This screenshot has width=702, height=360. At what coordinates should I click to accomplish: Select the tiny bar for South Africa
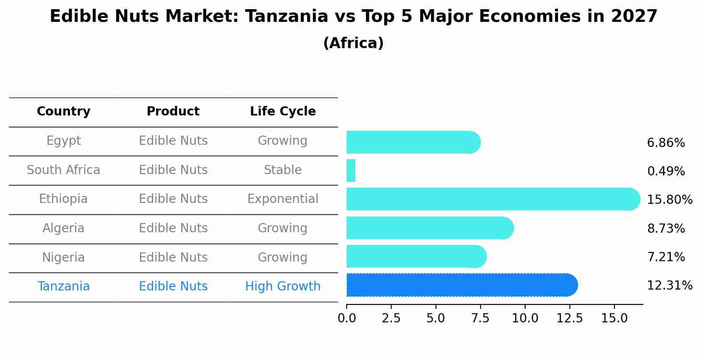pyautogui.click(x=351, y=171)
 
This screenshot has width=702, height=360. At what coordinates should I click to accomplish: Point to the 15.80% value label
pyautogui.click(x=669, y=200)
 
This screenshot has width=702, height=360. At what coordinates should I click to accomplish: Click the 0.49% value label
pyautogui.click(x=666, y=171)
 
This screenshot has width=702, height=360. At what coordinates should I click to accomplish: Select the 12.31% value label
pyautogui.click(x=669, y=286)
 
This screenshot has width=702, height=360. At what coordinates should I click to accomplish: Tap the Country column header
pyautogui.click(x=63, y=112)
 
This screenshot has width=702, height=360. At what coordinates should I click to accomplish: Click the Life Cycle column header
pyautogui.click(x=283, y=112)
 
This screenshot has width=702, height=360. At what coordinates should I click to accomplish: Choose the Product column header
pyautogui.click(x=173, y=112)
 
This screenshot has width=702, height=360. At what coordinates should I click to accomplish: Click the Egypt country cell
pyautogui.click(x=63, y=141)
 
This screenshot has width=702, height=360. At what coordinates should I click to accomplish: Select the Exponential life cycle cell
pyautogui.click(x=283, y=199)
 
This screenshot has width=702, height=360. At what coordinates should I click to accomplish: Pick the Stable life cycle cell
pyautogui.click(x=283, y=170)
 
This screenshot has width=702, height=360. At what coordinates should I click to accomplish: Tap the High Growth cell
pyautogui.click(x=283, y=287)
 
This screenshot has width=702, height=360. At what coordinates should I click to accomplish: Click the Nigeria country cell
pyautogui.click(x=63, y=258)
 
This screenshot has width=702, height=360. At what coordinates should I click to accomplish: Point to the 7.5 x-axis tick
pyautogui.click(x=480, y=318)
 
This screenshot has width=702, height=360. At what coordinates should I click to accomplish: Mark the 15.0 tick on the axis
pyautogui.click(x=614, y=318)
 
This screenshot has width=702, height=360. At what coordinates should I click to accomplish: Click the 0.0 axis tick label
pyautogui.click(x=347, y=318)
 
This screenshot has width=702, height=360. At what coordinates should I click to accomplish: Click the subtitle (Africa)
pyautogui.click(x=353, y=43)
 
